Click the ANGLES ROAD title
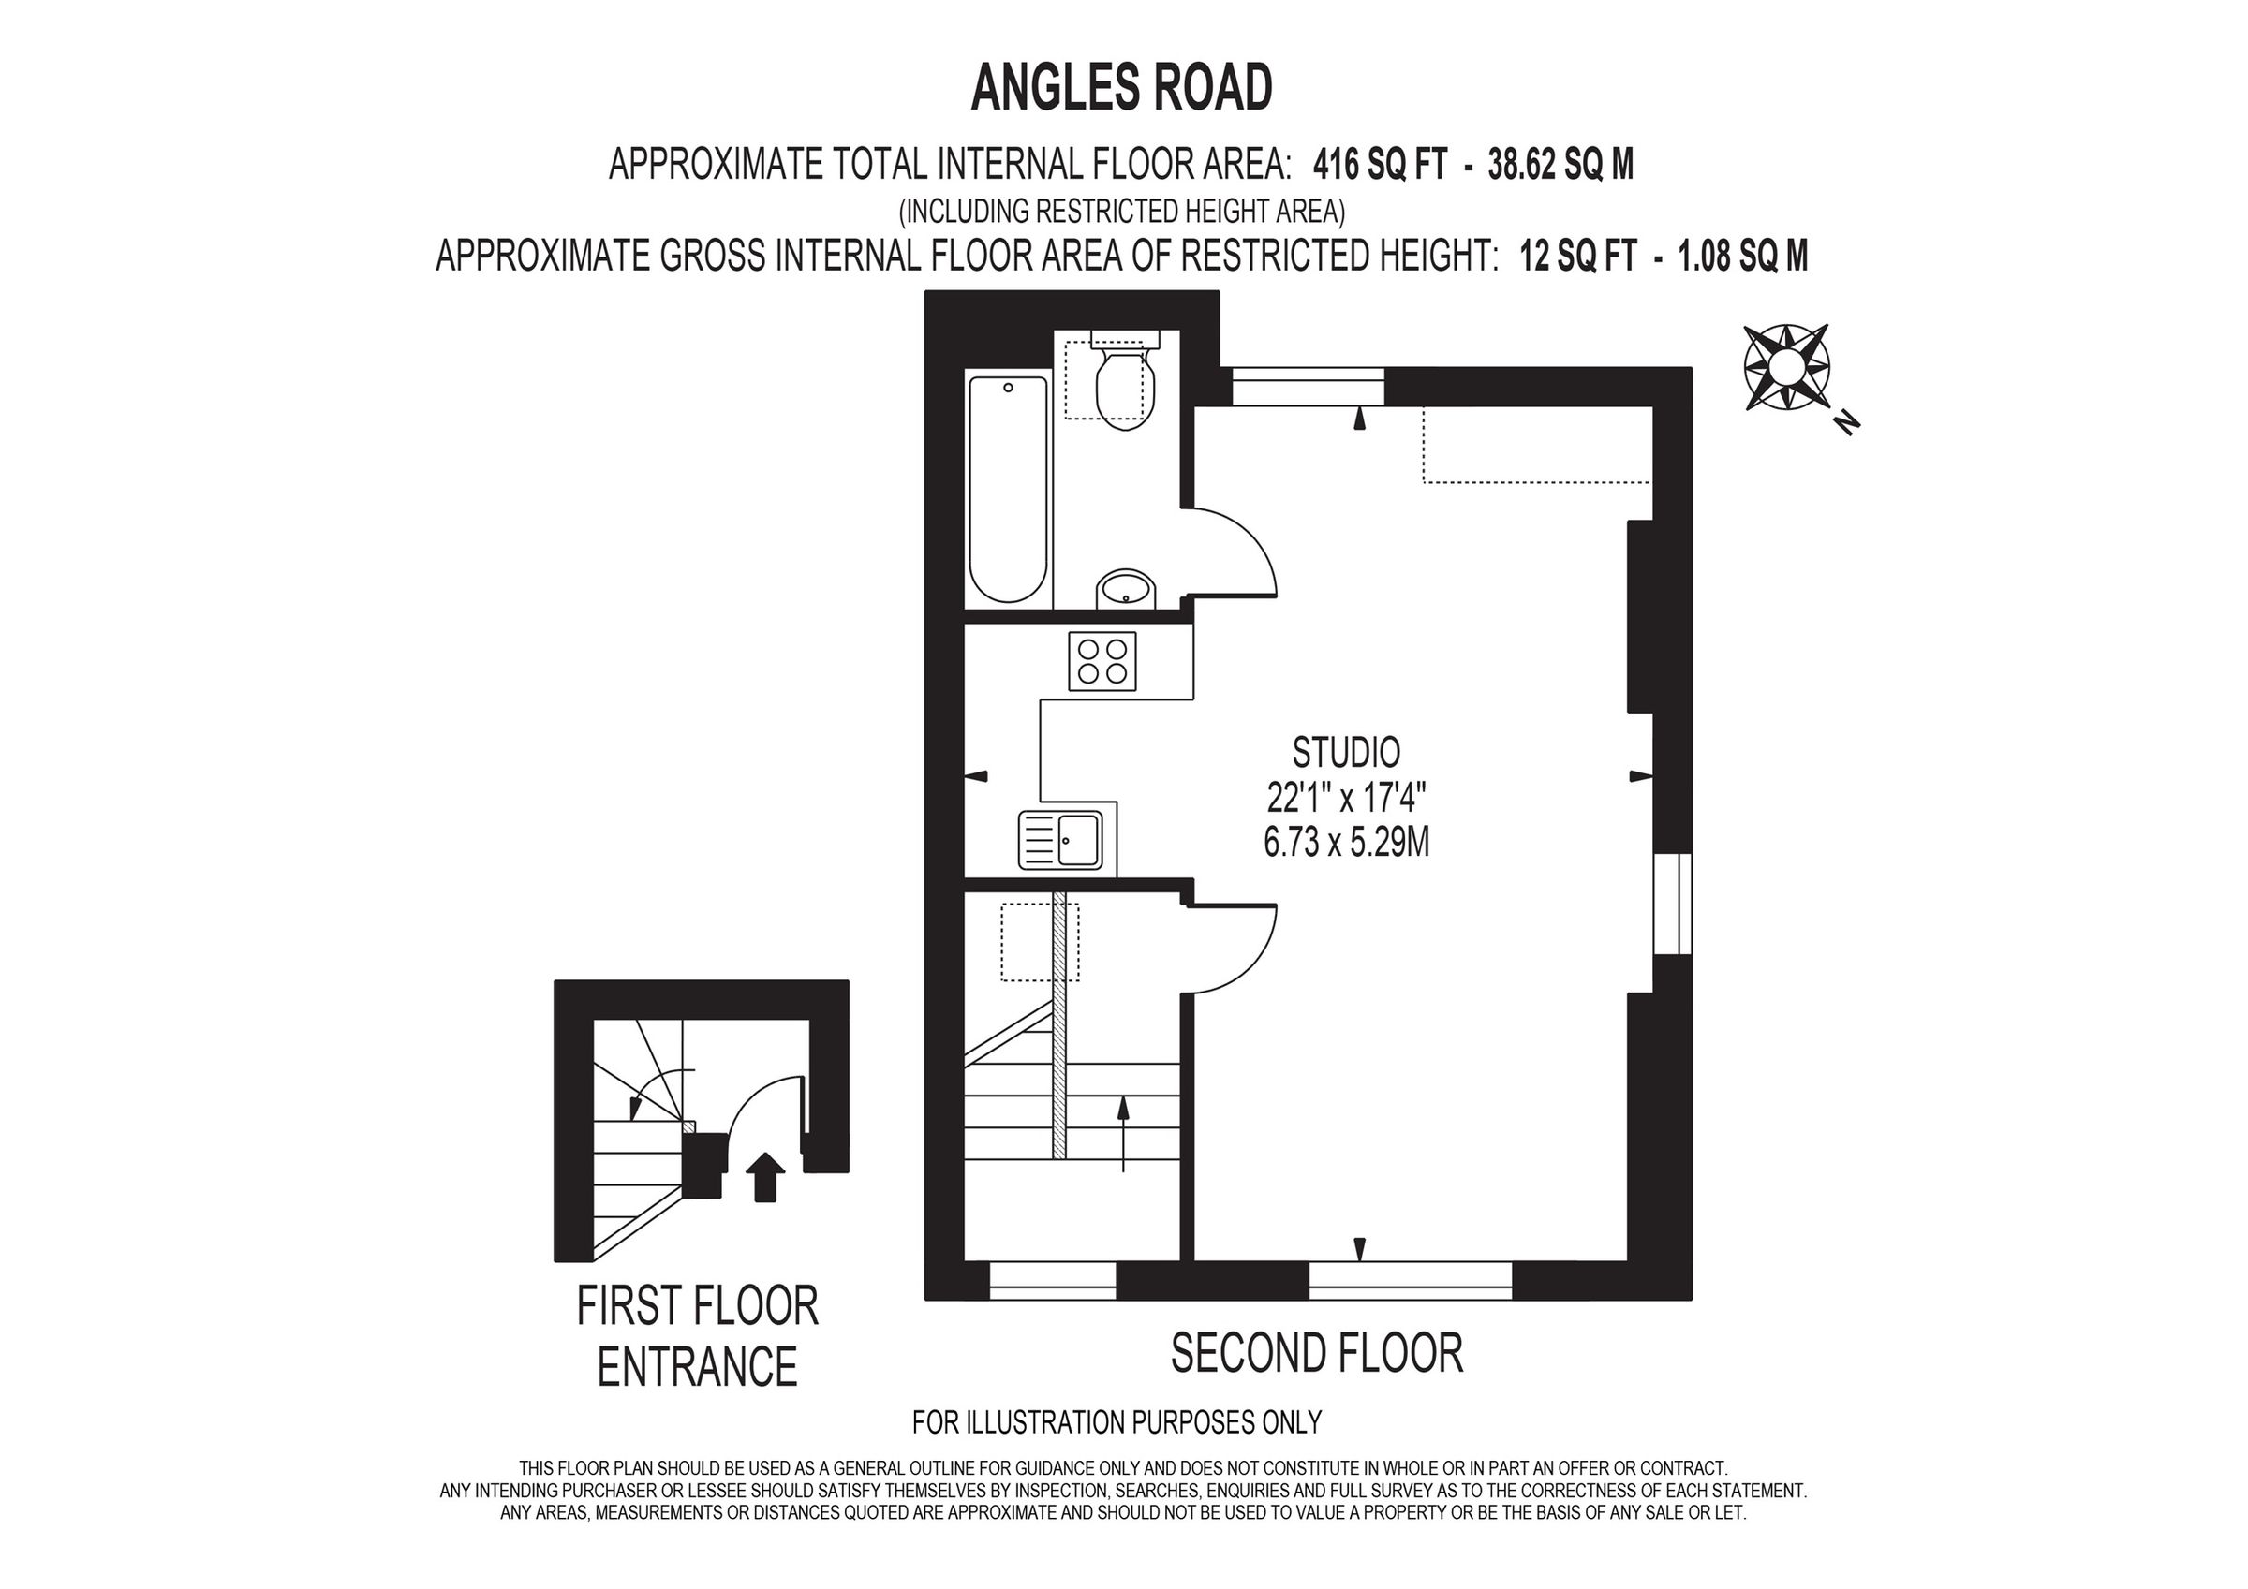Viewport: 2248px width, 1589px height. (x=1121, y=88)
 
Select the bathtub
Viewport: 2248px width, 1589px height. (x=1008, y=489)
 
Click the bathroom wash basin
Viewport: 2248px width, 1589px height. (x=1126, y=589)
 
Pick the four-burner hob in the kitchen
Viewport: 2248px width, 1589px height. (x=1102, y=662)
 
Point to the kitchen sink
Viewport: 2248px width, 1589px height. (x=1061, y=840)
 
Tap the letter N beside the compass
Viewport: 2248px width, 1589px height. (x=1846, y=422)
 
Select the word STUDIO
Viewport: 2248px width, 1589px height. (x=1346, y=752)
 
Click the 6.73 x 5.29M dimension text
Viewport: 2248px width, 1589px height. (x=1346, y=843)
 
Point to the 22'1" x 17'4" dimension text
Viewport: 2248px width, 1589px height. (x=1346, y=798)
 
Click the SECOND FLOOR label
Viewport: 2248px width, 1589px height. (x=1316, y=1353)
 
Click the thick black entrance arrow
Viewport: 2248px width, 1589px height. (x=765, y=1175)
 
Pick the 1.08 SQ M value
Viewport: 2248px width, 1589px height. (x=1743, y=257)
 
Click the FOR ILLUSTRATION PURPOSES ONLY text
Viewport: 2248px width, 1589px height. (x=1117, y=1421)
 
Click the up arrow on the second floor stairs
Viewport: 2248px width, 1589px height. (x=1123, y=1132)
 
